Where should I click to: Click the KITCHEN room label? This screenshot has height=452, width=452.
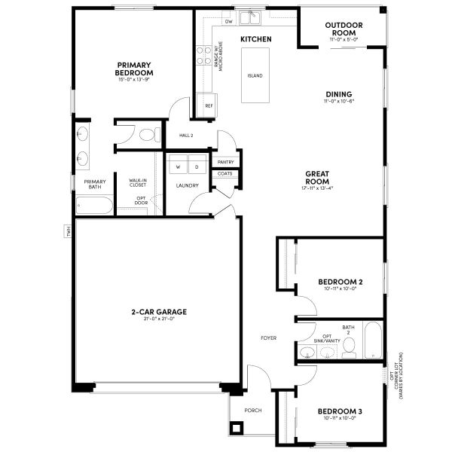pyautogui.click(x=255, y=38)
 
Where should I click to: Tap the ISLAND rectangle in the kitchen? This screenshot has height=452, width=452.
pyautogui.click(x=255, y=75)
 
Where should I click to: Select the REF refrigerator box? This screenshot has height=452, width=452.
pyautogui.click(x=209, y=105)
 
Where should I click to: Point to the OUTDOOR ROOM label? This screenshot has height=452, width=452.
pyautogui.click(x=344, y=29)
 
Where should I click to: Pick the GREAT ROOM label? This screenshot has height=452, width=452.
pyautogui.click(x=318, y=178)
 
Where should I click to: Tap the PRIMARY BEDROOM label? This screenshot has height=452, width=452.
pyautogui.click(x=134, y=69)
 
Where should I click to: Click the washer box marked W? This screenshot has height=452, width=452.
pyautogui.click(x=179, y=166)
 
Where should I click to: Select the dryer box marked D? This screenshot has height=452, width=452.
pyautogui.click(x=196, y=166)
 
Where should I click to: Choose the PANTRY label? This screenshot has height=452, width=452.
pyautogui.click(x=225, y=162)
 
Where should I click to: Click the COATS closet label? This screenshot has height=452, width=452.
pyautogui.click(x=225, y=174)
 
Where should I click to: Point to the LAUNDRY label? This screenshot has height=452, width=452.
pyautogui.click(x=187, y=185)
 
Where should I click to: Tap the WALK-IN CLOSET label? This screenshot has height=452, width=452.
pyautogui.click(x=138, y=182)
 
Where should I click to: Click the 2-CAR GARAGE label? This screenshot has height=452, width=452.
pyautogui.click(x=160, y=311)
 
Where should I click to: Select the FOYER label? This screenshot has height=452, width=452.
pyautogui.click(x=269, y=337)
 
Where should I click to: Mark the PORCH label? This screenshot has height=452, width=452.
pyautogui.click(x=252, y=411)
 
